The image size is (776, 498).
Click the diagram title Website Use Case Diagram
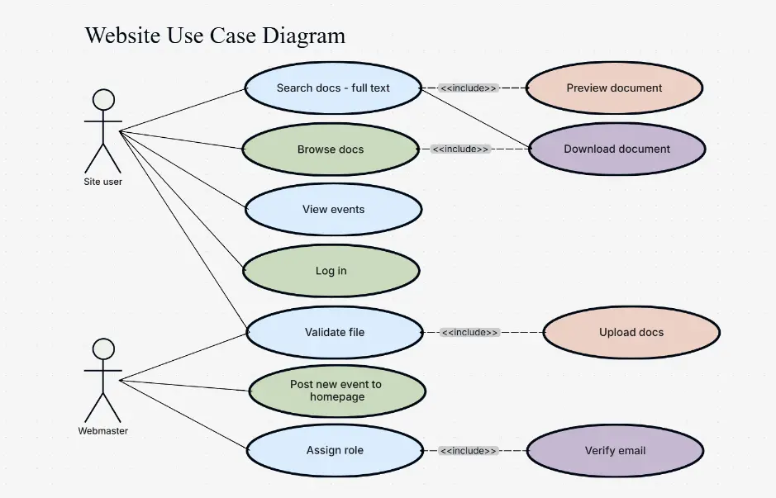click(x=215, y=36)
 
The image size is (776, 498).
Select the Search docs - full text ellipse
click(x=333, y=88)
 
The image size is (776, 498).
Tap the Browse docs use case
click(x=331, y=149)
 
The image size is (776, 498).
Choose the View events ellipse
click(x=333, y=210)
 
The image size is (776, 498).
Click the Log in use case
click(x=331, y=271)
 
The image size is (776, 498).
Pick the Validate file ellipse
click(x=335, y=332)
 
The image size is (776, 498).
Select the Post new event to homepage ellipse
click(x=336, y=391)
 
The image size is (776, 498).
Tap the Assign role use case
click(x=335, y=451)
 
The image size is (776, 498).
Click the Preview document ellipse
click(x=614, y=88)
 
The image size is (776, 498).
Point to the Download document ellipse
click(x=617, y=149)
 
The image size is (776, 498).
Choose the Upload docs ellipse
click(x=631, y=332)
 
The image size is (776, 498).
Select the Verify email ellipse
click(x=615, y=451)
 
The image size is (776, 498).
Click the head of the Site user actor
click(x=103, y=100)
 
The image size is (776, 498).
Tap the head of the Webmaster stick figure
click(x=103, y=349)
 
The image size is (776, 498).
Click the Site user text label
click(x=103, y=182)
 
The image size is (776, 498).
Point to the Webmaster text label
click(x=103, y=430)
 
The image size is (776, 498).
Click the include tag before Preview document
click(x=469, y=88)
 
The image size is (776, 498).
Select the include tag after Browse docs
click(x=460, y=149)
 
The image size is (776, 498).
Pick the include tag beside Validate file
click(x=469, y=332)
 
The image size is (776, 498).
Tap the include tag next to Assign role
click(x=469, y=451)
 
